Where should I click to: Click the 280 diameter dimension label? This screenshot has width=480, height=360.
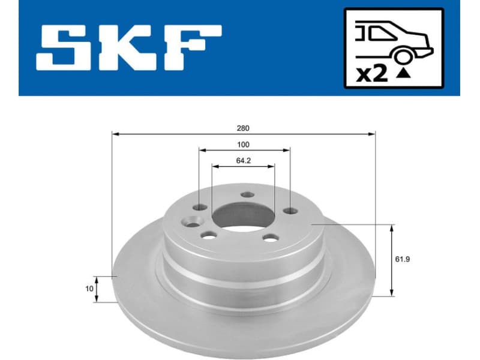(x=243, y=128)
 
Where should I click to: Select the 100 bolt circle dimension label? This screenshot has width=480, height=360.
(x=243, y=145)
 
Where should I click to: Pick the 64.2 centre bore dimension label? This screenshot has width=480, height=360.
(x=243, y=160)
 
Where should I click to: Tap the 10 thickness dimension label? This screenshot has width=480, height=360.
(x=89, y=289)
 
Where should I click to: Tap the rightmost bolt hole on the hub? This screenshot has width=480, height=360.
(x=290, y=211)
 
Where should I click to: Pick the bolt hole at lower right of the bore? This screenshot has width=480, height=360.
(x=271, y=238)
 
